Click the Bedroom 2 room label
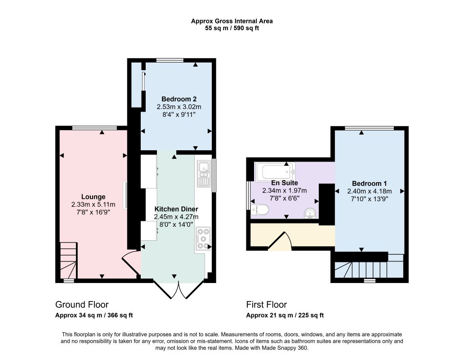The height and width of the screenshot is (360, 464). tap(179, 99)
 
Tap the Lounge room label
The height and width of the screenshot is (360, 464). tap(93, 197)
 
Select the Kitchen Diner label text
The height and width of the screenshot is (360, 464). tap(176, 209)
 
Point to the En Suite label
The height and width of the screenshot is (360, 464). tap(284, 183)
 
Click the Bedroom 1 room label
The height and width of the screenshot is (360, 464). tap(369, 184)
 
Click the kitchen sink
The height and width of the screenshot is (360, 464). tap(204, 174)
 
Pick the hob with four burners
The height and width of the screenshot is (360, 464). tap(203, 238)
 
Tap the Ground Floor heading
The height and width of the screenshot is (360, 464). tap(82, 305)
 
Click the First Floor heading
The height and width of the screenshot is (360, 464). tap(267, 305)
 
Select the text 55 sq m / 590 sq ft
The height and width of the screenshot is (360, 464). tap(232, 28)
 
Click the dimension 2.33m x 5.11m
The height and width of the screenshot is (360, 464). tap(93, 205)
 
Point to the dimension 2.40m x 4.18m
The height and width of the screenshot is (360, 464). tap(369, 191)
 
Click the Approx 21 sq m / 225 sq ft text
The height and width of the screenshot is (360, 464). tap(285, 315)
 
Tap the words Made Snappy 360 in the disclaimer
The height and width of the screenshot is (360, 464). tap(285, 348)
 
